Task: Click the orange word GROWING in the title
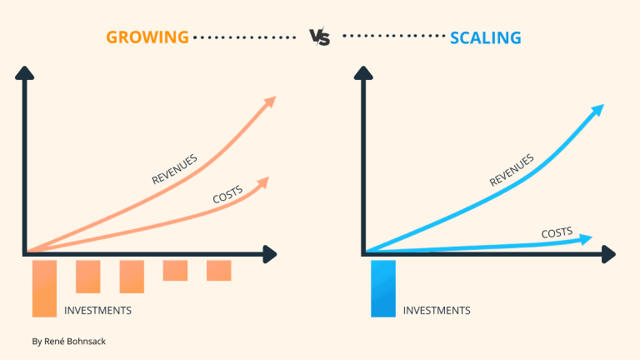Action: click(x=147, y=37)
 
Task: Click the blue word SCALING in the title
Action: click(x=485, y=37)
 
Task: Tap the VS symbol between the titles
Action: click(x=319, y=37)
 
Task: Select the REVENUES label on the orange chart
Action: click(x=175, y=169)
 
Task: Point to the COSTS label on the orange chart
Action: click(x=227, y=195)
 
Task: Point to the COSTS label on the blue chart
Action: click(x=557, y=233)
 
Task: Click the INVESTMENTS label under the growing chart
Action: click(x=97, y=311)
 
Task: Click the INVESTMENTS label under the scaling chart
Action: click(x=437, y=311)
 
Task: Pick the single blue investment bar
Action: click(x=383, y=288)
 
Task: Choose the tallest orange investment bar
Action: click(x=44, y=288)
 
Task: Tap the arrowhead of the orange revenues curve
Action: click(x=268, y=102)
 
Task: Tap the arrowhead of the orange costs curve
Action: click(x=264, y=180)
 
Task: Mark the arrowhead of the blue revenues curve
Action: click(x=597, y=111)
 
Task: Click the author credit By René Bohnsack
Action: click(x=68, y=342)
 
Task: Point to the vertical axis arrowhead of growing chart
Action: click(x=27, y=73)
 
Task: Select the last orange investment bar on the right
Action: click(x=219, y=270)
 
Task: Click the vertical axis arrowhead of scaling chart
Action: click(x=364, y=73)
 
